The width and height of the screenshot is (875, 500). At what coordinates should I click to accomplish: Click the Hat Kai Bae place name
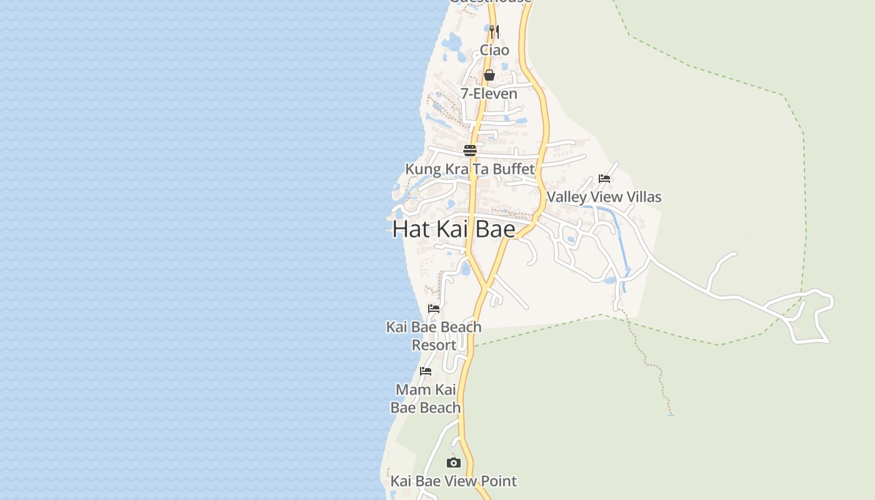[x=454, y=229]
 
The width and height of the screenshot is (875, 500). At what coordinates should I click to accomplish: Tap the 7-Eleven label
[x=489, y=94]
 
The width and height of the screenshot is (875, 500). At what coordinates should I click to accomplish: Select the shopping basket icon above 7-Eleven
[x=489, y=75]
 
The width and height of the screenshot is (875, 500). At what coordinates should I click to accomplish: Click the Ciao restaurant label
[x=494, y=50]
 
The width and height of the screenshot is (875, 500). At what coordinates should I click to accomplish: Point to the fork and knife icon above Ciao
[x=494, y=31]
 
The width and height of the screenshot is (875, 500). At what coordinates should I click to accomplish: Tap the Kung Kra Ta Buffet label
[x=470, y=169]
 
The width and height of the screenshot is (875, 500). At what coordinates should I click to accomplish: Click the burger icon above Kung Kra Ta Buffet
[x=470, y=151]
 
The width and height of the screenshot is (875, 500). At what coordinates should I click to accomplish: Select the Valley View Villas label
[x=604, y=197]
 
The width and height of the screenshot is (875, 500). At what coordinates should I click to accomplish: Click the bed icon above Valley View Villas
[x=604, y=179]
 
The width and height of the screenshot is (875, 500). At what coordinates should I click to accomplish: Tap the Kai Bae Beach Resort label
[x=434, y=336]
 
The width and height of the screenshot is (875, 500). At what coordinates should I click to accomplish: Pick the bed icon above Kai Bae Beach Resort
[x=434, y=309]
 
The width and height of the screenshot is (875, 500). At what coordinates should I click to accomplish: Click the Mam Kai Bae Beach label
[x=426, y=399]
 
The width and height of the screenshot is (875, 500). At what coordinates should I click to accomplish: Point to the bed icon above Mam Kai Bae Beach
[x=426, y=371]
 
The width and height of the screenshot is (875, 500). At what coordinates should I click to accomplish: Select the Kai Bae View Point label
[x=454, y=481]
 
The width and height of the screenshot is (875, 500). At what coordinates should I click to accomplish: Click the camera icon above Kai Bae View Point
[x=454, y=463]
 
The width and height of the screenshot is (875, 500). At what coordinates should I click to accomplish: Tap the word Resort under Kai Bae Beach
[x=434, y=345]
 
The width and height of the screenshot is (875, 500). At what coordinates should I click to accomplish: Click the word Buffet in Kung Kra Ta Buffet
[x=513, y=169]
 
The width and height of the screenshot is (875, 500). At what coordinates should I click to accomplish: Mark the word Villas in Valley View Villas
[x=641, y=197]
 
